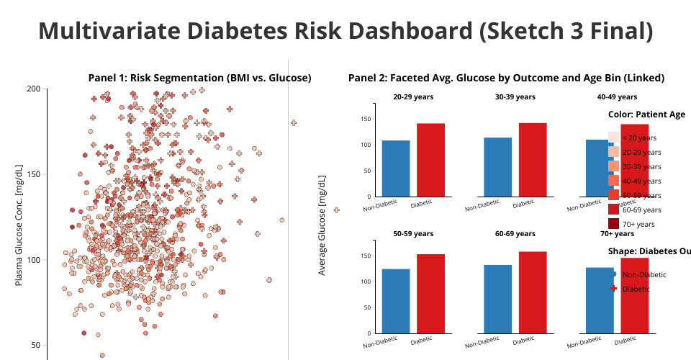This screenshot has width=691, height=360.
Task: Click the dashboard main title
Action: (x=345, y=31)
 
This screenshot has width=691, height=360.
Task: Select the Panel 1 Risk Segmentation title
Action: (x=199, y=78)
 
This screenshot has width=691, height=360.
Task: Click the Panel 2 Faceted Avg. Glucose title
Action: (x=506, y=78)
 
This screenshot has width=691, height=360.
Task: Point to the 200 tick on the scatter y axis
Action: (x=33, y=89)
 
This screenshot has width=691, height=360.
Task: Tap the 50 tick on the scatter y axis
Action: (x=35, y=345)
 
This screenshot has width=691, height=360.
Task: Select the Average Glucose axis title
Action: (x=322, y=225)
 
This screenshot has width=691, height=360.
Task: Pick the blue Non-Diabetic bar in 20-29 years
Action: (x=396, y=168)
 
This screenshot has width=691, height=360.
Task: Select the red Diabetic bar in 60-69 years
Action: (x=533, y=293)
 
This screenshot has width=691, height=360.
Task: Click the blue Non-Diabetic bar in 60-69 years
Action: (x=498, y=300)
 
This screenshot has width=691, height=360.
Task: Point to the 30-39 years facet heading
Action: (x=515, y=96)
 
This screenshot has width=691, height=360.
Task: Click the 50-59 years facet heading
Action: (x=413, y=233)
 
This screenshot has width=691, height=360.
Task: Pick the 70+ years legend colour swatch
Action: (x=613, y=224)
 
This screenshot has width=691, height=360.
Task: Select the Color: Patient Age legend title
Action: (x=646, y=114)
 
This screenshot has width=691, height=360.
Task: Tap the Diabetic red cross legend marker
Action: (x=613, y=289)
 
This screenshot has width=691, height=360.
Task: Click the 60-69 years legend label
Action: (x=641, y=210)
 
